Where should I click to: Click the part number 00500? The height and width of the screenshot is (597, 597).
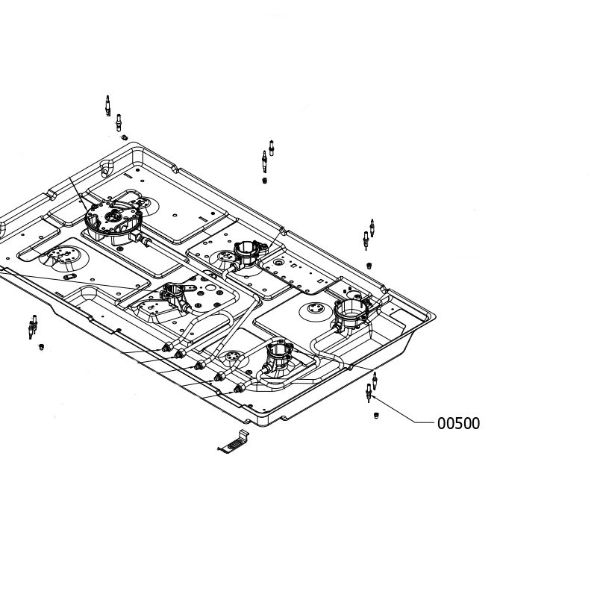458,423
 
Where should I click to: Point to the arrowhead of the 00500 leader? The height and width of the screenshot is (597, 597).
372,396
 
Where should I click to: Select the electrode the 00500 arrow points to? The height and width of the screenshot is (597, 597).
369,393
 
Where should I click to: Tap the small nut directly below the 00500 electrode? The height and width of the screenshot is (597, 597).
376,416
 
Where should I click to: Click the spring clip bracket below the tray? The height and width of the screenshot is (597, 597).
233,443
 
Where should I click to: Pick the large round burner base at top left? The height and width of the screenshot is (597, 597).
113,220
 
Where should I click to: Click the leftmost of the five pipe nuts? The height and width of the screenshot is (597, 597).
166,347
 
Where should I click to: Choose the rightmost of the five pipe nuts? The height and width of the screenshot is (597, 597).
239,389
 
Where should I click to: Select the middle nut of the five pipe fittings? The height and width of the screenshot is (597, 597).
199,366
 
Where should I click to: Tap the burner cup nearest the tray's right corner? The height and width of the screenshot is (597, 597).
351,313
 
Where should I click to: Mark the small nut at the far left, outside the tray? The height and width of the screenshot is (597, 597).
42,347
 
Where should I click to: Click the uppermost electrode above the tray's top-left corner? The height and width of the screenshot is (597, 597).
107,105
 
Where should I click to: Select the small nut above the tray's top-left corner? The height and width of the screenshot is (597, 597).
124,137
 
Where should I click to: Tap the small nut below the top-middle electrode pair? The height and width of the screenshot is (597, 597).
265,181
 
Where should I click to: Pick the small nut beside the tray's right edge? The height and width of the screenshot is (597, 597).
369,266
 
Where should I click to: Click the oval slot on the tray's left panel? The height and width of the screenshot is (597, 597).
70,276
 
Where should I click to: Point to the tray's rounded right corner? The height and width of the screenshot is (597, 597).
432,316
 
